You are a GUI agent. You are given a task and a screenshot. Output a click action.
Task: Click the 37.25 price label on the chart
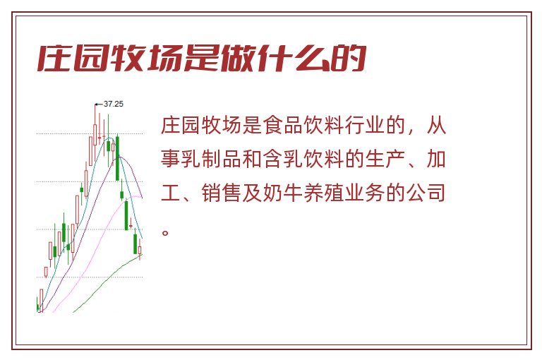point(114,104)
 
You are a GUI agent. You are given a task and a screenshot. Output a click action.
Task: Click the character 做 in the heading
point(239,58)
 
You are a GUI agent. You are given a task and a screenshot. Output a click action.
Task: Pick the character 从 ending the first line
point(436,125)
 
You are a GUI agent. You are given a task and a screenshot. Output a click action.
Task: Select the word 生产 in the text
point(385,159)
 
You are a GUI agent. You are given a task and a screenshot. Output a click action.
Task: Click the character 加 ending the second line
point(436,159)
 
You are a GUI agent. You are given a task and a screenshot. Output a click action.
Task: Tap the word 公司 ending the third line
point(426,193)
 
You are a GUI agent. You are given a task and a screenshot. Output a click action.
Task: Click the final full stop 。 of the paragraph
point(165,232)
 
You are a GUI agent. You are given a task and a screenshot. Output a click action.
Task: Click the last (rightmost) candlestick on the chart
point(140,249)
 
